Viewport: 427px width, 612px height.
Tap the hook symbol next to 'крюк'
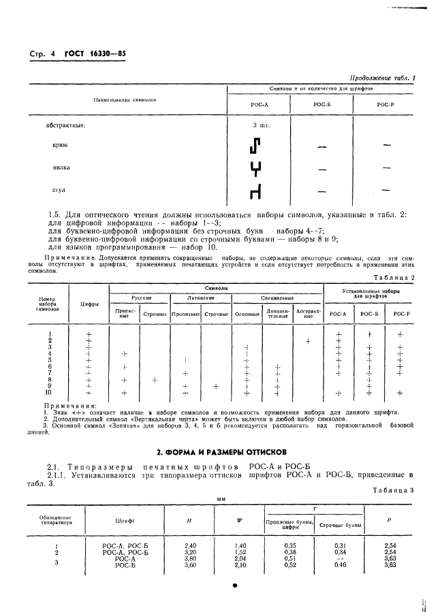256,146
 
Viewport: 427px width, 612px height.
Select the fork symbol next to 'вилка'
256,169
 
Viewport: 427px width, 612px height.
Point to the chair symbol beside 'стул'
256,193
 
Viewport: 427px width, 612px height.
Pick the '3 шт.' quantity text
262,125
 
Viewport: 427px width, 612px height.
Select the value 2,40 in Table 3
191,546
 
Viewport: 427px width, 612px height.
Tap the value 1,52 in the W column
240,552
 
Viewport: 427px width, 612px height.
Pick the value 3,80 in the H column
191,558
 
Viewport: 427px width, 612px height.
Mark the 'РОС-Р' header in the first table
386,103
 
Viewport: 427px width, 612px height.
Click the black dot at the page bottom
235,585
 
